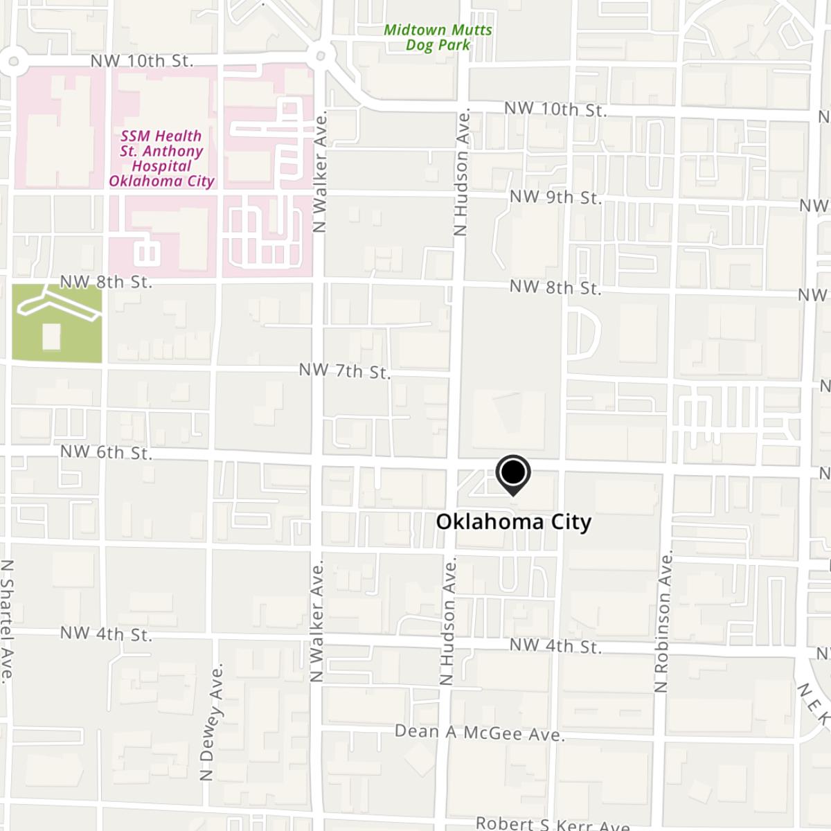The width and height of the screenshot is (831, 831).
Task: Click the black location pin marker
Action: click(512, 474)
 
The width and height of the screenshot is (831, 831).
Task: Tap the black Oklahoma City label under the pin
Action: click(513, 521)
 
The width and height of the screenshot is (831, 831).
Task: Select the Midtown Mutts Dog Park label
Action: click(438, 37)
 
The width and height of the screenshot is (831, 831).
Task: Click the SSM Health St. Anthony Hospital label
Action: click(161, 159)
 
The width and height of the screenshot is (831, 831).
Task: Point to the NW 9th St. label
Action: click(555, 197)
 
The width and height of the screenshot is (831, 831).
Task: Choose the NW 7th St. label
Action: click(344, 371)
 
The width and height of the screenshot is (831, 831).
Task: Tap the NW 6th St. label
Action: click(106, 453)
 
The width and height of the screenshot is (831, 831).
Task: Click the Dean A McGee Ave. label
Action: click(480, 733)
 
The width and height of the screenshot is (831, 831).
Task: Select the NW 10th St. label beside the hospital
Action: click(141, 61)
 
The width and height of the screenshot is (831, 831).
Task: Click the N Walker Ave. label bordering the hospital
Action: click(320, 173)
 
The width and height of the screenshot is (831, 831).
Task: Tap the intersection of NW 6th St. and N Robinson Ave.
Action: click(666, 476)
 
